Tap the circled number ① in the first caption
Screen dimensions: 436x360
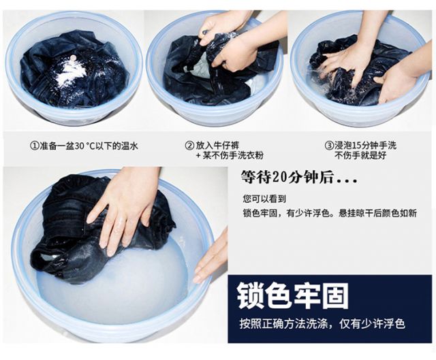click(34, 146)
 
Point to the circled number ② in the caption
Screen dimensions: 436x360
click(189, 145)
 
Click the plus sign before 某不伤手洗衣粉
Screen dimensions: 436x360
click(198, 155)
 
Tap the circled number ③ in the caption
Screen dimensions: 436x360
click(329, 145)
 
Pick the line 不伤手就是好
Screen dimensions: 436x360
click(360, 155)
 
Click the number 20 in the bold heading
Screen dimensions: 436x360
click(278, 176)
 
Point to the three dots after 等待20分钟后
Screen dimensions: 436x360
click(347, 181)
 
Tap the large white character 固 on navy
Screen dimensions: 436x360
click(334, 295)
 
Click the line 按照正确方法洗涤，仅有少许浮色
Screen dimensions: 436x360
click(322, 324)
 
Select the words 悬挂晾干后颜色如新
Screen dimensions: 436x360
click(377, 213)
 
